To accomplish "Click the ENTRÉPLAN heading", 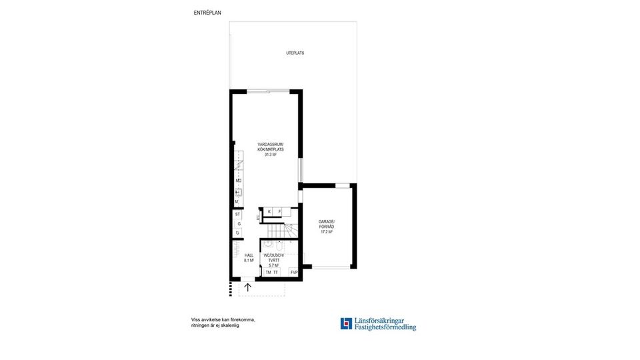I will pyautogui.click(x=207, y=12).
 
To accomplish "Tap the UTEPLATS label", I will pyautogui.click(x=295, y=53).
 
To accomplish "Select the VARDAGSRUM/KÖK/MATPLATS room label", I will pyautogui.click(x=271, y=149).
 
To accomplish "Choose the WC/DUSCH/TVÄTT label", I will pyautogui.click(x=273, y=259).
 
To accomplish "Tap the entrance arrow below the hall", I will pyautogui.click(x=248, y=287).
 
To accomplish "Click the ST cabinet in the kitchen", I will pyautogui.click(x=237, y=214).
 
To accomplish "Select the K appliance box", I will pyautogui.click(x=269, y=211).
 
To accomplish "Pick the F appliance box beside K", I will pyautogui.click(x=279, y=211).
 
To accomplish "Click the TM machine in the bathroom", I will pyautogui.click(x=268, y=272).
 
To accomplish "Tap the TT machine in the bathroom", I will pyautogui.click(x=276, y=272).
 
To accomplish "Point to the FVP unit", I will pyautogui.click(x=293, y=272).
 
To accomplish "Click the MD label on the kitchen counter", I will pyautogui.click(x=238, y=181).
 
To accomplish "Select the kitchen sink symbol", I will pyautogui.click(x=237, y=192).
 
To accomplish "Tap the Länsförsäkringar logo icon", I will pyautogui.click(x=345, y=323).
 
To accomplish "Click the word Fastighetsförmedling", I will pyautogui.click(x=385, y=327).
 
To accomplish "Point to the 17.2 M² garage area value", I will pyautogui.click(x=326, y=232).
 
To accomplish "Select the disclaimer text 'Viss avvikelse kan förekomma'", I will pyautogui.click(x=223, y=320).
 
